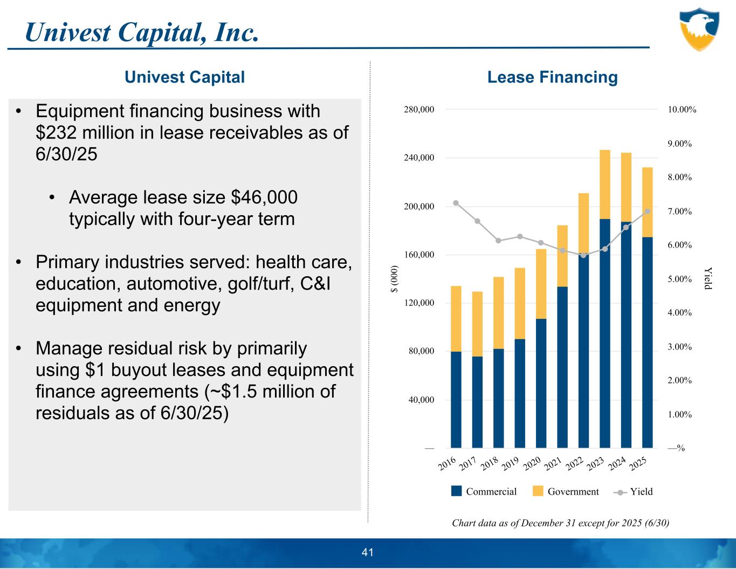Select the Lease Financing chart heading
[552, 77]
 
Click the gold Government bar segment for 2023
[604, 184]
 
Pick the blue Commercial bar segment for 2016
[456, 399]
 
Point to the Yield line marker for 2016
[456, 203]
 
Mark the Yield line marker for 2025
[648, 211]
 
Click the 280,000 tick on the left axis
[419, 109]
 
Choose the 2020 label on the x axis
[532, 463]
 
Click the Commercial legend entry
[484, 491]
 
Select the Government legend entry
[566, 491]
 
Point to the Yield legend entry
[634, 491]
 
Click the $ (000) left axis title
[395, 279]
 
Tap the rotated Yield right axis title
[708, 278]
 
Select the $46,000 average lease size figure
[264, 197]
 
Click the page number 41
[368, 552]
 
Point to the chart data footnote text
[560, 523]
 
